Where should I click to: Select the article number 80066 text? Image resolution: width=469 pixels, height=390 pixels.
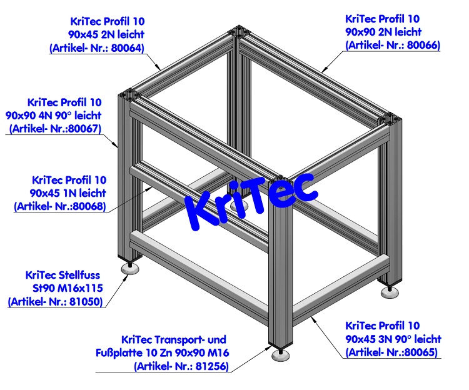coord(425,45)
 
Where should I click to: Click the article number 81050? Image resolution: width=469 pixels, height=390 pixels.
coord(87,302)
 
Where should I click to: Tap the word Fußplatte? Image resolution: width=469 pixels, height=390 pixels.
coord(123,353)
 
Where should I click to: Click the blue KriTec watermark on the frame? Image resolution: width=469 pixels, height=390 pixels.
coord(250,196)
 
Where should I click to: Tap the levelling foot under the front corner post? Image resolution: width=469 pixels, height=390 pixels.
coord(281,356)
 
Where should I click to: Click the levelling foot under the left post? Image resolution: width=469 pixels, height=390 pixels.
coord(131,268)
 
